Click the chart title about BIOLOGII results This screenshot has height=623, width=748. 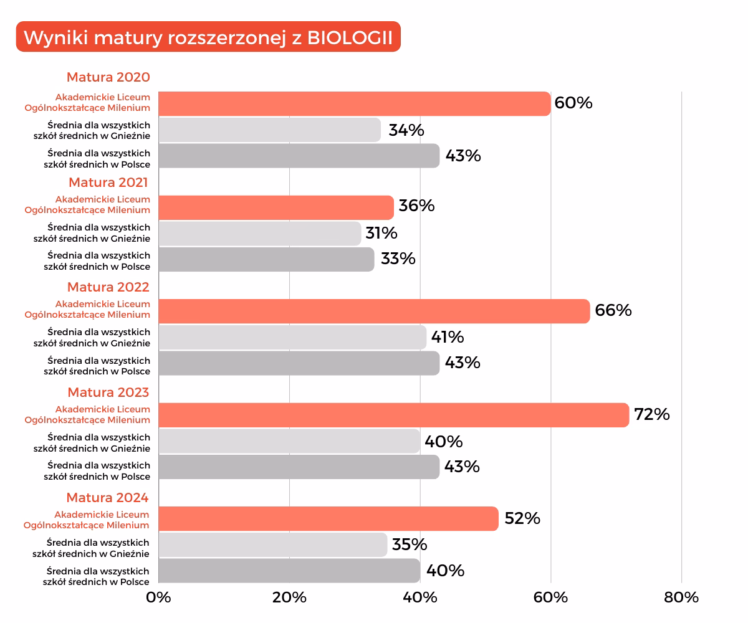pos(208,37)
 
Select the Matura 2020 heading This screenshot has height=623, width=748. pos(108,77)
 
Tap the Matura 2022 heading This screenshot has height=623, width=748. pos(108,287)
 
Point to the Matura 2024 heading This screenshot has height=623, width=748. pos(108,497)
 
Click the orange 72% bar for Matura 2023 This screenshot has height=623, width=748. pos(393,415)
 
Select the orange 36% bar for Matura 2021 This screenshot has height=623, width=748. pos(276,207)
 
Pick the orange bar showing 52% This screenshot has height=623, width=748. pos(328,518)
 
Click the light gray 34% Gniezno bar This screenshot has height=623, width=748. pos(269,130)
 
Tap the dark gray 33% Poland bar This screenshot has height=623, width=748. pos(266,259)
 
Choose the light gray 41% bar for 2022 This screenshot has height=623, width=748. pos(292,337)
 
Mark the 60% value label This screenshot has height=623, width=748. pos(573,103)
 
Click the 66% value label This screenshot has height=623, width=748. pos(613,310)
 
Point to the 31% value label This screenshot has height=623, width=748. pos(381,233)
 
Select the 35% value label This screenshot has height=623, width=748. pos(410,545)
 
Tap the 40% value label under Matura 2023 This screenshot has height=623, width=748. pos(443,442)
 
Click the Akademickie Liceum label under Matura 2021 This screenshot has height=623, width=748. pos(88,204)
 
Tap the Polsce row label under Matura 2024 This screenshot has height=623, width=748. pos(97,576)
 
